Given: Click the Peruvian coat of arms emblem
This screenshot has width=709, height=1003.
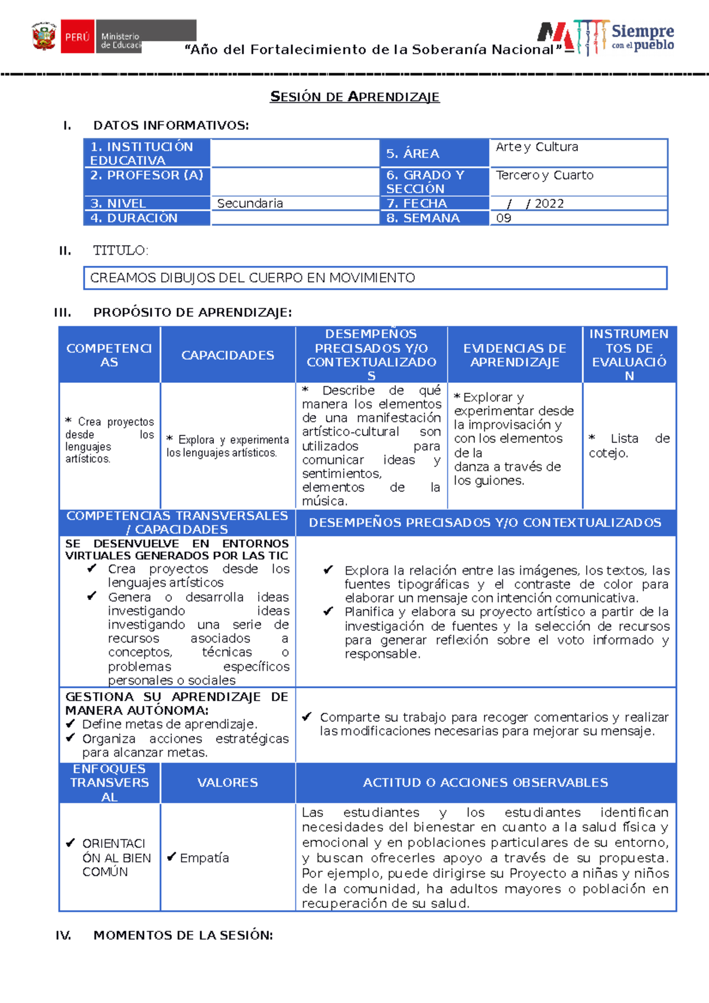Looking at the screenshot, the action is [x=44, y=37].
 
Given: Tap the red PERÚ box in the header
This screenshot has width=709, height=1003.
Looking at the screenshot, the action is [x=77, y=37].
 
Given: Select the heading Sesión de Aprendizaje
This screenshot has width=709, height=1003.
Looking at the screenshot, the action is [x=354, y=97].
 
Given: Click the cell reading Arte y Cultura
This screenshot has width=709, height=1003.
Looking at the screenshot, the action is [x=536, y=147].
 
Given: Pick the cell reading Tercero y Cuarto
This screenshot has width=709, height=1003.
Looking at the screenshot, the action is [x=544, y=175].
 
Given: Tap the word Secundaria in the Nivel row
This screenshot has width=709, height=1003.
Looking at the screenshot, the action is [x=250, y=204].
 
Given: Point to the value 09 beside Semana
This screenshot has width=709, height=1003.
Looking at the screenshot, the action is [x=503, y=218].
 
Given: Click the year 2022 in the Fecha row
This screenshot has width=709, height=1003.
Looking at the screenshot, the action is [x=549, y=204].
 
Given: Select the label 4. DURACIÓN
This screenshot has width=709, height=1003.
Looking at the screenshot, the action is [x=134, y=218].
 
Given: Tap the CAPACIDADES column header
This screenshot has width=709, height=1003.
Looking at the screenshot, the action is [x=227, y=355].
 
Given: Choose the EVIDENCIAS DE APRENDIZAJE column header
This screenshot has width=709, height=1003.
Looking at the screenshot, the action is [x=515, y=355].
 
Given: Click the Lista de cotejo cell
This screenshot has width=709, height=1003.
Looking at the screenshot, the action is [x=629, y=446].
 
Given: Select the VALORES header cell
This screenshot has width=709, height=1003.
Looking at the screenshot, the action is [x=227, y=783].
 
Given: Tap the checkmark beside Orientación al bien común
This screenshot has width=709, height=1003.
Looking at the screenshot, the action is [x=70, y=843].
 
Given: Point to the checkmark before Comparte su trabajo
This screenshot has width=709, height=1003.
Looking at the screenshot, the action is [x=307, y=717].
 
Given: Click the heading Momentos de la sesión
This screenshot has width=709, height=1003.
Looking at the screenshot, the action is [x=183, y=935].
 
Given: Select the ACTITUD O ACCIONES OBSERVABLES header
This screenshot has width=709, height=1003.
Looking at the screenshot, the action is [x=485, y=783].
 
